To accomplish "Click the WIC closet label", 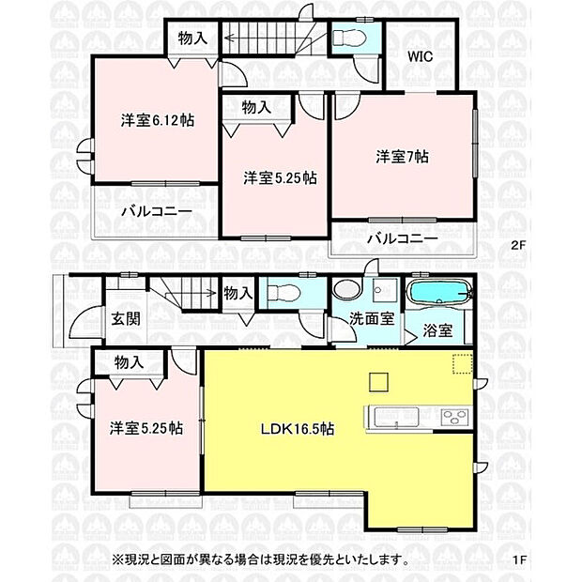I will coord(419,56).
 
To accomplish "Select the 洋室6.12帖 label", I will coord(157,121).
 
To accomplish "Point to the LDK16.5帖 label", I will coord(299,428).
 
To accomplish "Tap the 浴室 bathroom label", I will coord(437,330).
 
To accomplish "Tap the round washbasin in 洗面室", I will coord(345,290).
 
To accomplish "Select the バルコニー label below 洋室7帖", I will coord(402,238).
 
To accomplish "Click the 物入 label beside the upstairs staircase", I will coord(192,38).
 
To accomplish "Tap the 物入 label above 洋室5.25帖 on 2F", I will coord(255,108).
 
